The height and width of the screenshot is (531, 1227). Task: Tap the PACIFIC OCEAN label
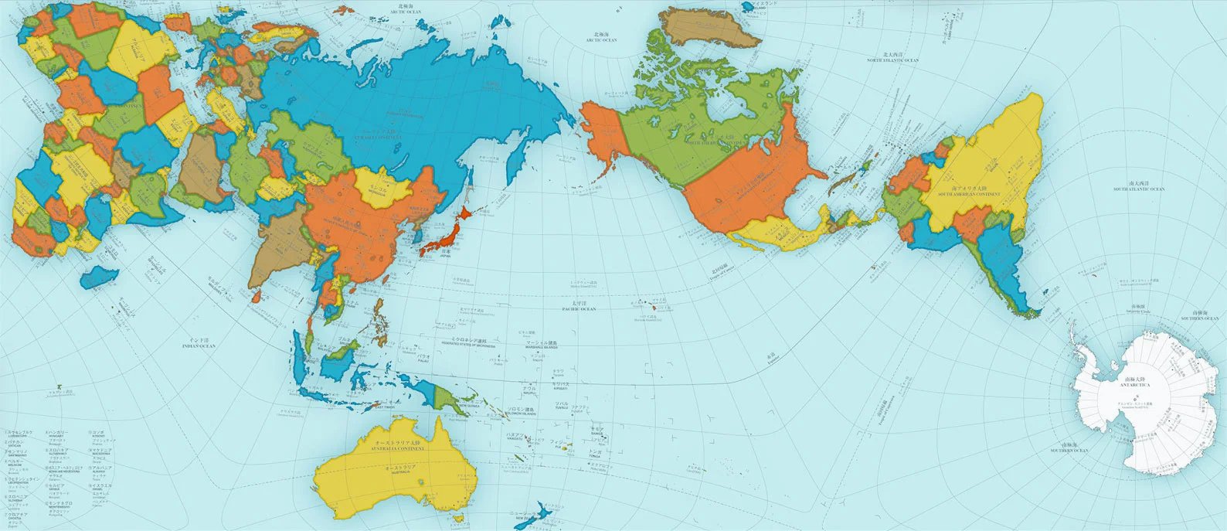pos(579,308)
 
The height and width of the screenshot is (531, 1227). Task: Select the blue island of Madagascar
pos(98,276)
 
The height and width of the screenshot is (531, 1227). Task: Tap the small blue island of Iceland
pos(747,6)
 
